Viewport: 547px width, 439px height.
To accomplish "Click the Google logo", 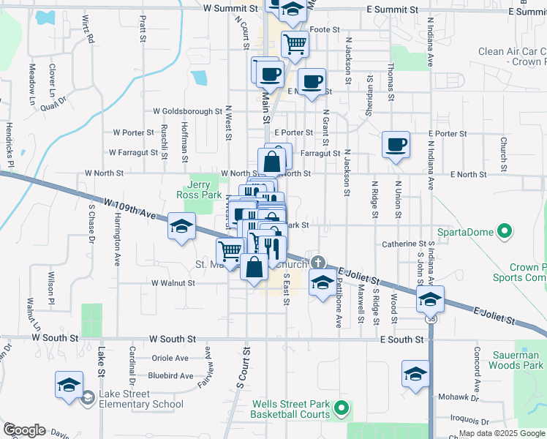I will tap(23, 430).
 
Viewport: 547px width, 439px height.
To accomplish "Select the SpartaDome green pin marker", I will tap(504, 233).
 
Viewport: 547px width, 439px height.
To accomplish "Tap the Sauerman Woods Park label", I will tap(517, 359).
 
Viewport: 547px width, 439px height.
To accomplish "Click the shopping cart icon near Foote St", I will tap(294, 44).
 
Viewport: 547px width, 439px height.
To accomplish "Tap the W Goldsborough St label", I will tap(187, 112).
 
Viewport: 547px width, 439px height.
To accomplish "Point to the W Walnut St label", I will tap(173, 282).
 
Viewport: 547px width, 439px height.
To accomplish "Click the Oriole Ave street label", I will tap(170, 359).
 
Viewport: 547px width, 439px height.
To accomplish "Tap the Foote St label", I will tap(325, 30).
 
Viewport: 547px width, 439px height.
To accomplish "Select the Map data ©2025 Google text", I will tap(502, 433).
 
